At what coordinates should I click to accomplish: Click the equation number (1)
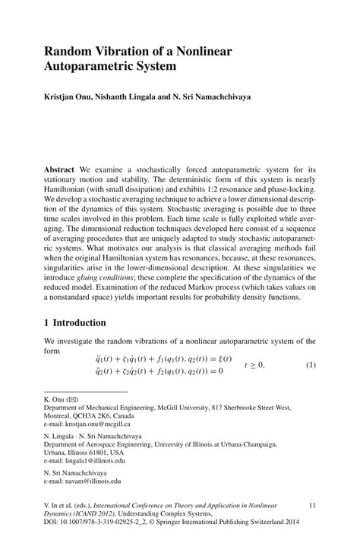click(x=311, y=365)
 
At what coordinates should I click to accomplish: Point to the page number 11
click(x=311, y=506)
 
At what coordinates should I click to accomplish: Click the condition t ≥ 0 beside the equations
click(x=254, y=365)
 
